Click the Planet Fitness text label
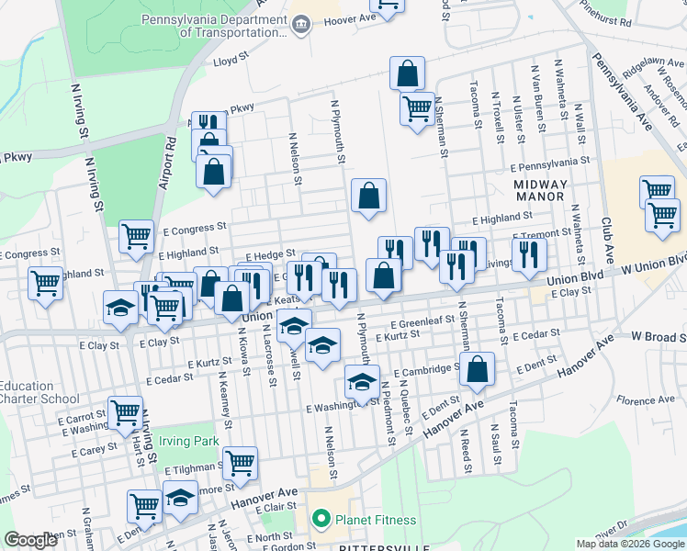[x=375, y=520]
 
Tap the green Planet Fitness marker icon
[x=320, y=520]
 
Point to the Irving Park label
[x=188, y=441]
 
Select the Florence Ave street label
[x=646, y=400]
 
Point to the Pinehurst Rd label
[x=626, y=20]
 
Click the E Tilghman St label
[x=194, y=468]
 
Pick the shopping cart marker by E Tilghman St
[x=240, y=462]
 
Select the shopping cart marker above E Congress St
[x=136, y=236]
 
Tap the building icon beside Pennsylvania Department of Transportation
[x=301, y=23]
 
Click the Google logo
[x=30, y=540]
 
